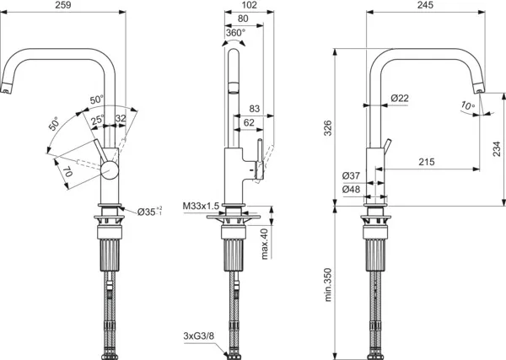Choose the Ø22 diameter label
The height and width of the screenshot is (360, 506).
(x=400, y=99)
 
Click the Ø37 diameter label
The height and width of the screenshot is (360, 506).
(x=352, y=175)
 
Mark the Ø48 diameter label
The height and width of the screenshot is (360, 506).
(x=352, y=190)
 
